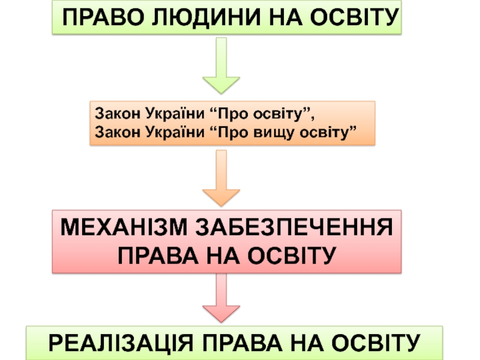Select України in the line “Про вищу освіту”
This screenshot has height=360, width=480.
169,131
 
